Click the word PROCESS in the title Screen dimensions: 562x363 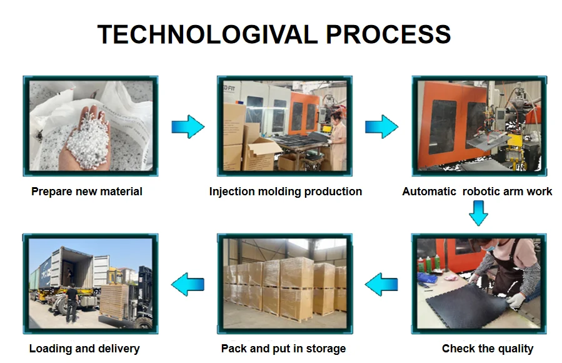388,34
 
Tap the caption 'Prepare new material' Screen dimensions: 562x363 87,192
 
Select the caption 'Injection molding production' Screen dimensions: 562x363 286,192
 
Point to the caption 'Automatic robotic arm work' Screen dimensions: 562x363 477,192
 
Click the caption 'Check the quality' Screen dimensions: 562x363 488,349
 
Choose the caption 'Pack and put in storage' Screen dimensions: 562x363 283,349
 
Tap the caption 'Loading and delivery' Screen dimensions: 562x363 84,349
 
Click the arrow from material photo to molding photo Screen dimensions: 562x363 188,126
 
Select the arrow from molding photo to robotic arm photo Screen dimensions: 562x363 381,126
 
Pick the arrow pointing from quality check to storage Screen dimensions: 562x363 381,284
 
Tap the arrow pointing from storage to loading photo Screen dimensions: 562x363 188,284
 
